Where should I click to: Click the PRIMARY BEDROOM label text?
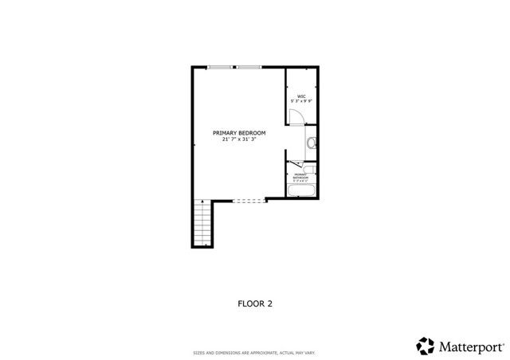tap(238, 132)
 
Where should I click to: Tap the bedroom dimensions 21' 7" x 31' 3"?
tap(238, 139)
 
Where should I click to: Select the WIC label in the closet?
tap(303, 96)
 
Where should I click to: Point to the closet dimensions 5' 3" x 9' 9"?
tap(303, 101)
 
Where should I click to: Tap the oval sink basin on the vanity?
tap(312, 143)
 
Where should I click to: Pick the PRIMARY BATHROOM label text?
tap(302, 176)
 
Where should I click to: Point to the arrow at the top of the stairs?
tap(202, 202)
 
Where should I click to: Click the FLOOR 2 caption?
tap(255, 303)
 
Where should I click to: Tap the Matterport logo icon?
tap(425, 345)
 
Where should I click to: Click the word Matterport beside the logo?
tap(469, 346)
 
